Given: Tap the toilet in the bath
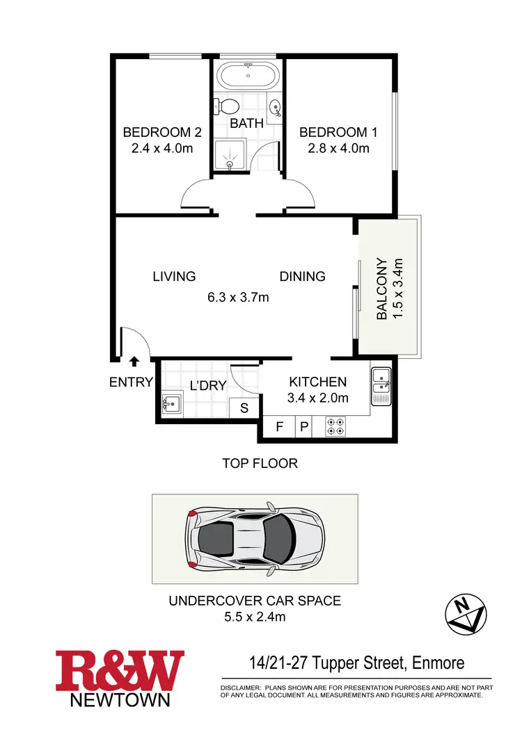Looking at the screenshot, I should point(228,107).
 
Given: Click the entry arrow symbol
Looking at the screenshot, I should point(134,360).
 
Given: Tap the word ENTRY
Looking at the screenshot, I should point(131,382).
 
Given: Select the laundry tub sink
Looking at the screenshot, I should point(171,403).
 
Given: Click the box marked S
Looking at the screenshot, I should point(244,408).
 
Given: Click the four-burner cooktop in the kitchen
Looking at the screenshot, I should point(336,426).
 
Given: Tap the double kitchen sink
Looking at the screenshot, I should point(381,385).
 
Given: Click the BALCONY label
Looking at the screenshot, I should point(381,289).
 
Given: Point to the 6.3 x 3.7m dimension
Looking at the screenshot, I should point(238,297).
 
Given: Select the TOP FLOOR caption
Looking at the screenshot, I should point(260,463).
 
